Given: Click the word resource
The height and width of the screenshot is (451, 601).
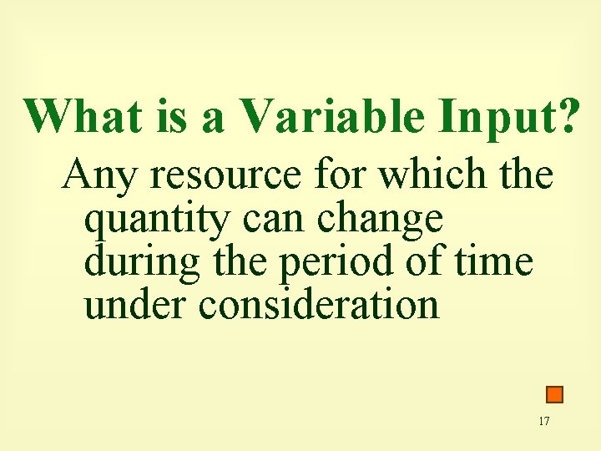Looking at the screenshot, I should (x=220, y=176).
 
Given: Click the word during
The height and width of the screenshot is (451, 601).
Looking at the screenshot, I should (x=143, y=263).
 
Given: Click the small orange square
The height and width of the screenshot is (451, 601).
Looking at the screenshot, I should (x=554, y=394).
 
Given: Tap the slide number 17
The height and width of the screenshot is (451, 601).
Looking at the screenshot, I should (x=544, y=421).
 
